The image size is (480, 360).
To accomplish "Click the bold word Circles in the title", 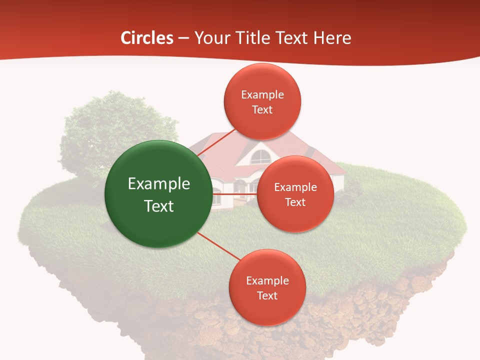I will point(146,38).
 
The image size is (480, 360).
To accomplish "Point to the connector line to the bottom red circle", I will point(218,246).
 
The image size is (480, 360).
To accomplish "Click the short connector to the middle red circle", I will point(235,193).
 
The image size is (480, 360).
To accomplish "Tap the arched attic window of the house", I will point(260,157).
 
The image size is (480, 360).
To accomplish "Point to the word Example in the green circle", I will point(158,184).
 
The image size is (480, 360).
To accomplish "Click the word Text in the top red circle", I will point(262,110).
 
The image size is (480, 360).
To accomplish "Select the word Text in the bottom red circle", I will point(267,296).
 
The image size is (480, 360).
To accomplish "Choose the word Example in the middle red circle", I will point(295,187).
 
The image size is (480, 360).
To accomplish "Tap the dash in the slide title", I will point(183,38).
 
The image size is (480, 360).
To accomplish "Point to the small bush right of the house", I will point(352,190).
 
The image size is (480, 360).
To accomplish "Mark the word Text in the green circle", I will point(158,206).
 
